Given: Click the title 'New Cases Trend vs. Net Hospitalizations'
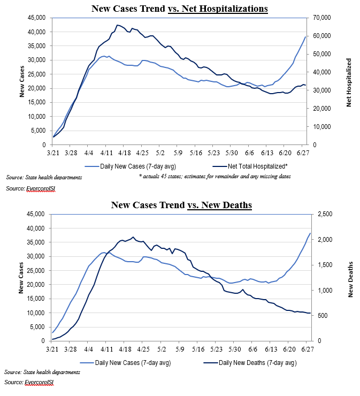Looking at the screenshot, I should tap(180, 9).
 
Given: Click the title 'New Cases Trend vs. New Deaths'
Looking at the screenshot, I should tap(181, 205).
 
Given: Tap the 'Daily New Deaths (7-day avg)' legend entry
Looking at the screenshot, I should tap(250, 363).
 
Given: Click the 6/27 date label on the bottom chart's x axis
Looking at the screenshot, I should tap(307, 349).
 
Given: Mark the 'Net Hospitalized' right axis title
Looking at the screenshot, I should tap(349, 81).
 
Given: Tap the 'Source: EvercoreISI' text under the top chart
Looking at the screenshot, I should tap(29, 188).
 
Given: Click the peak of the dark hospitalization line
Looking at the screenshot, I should tap(117, 25).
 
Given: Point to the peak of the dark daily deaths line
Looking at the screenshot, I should tap(133, 237).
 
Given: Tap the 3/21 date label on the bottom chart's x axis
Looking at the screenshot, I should tap(52, 349).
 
